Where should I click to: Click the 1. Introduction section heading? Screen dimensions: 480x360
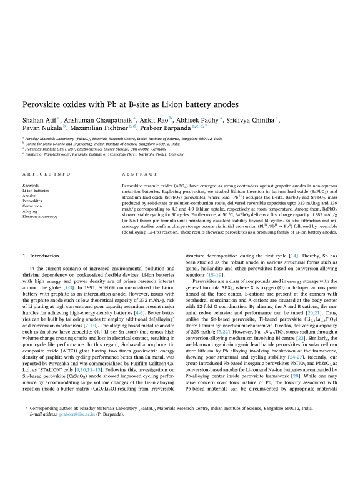(42, 237)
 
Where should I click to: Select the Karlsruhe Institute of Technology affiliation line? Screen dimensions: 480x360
(103, 154)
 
